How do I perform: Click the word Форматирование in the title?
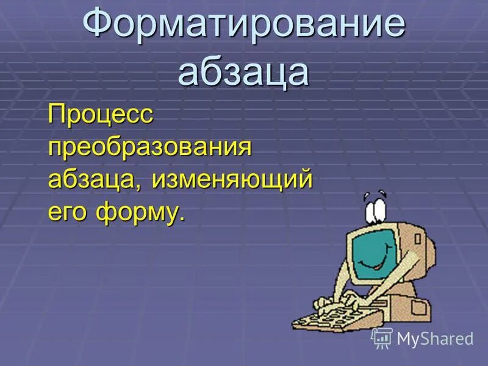click(x=244, y=26)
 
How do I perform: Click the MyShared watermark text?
click(x=435, y=339)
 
